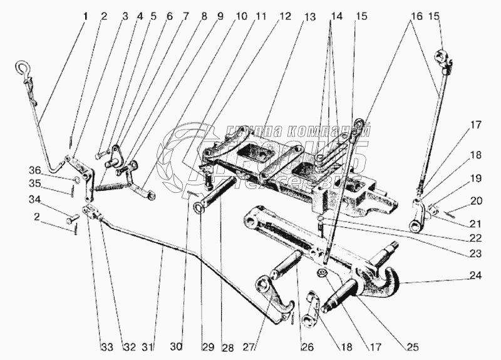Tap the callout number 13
pyautogui.click(x=309, y=15)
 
